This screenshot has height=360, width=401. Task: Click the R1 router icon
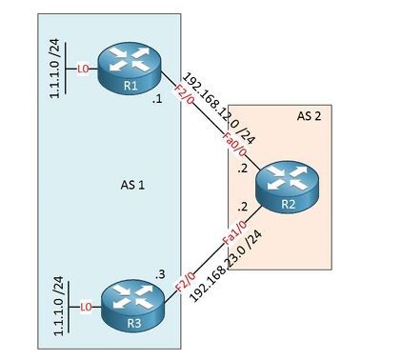pos(130,69)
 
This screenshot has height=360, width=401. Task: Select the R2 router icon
pos(288,187)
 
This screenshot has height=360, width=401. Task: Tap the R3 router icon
pos(133,306)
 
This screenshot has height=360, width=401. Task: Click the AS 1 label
pos(132,185)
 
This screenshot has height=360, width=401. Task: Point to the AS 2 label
pos(309,116)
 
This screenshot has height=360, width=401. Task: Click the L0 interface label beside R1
pos(83,69)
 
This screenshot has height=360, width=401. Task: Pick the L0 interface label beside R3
pos(86,307)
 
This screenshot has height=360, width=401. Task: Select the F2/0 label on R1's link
pos(184,95)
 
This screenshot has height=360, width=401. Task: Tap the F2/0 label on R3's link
pos(186,282)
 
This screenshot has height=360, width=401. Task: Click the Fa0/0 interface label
pos(234,145)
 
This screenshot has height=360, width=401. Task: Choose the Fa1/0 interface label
pos(235,232)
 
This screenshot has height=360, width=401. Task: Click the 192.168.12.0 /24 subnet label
pos(219,109)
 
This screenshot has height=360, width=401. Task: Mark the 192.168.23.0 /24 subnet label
pos(227,266)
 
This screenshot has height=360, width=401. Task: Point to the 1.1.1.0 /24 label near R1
pos(54,69)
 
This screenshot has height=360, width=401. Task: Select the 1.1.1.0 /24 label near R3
pos(58,306)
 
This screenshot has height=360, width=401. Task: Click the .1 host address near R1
pos(157,99)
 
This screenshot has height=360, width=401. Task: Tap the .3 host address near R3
pos(160,274)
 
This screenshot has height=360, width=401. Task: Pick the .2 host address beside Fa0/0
pos(242,169)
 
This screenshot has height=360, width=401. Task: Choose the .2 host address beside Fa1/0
pos(242,207)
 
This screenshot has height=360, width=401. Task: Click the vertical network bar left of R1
pos(66,68)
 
